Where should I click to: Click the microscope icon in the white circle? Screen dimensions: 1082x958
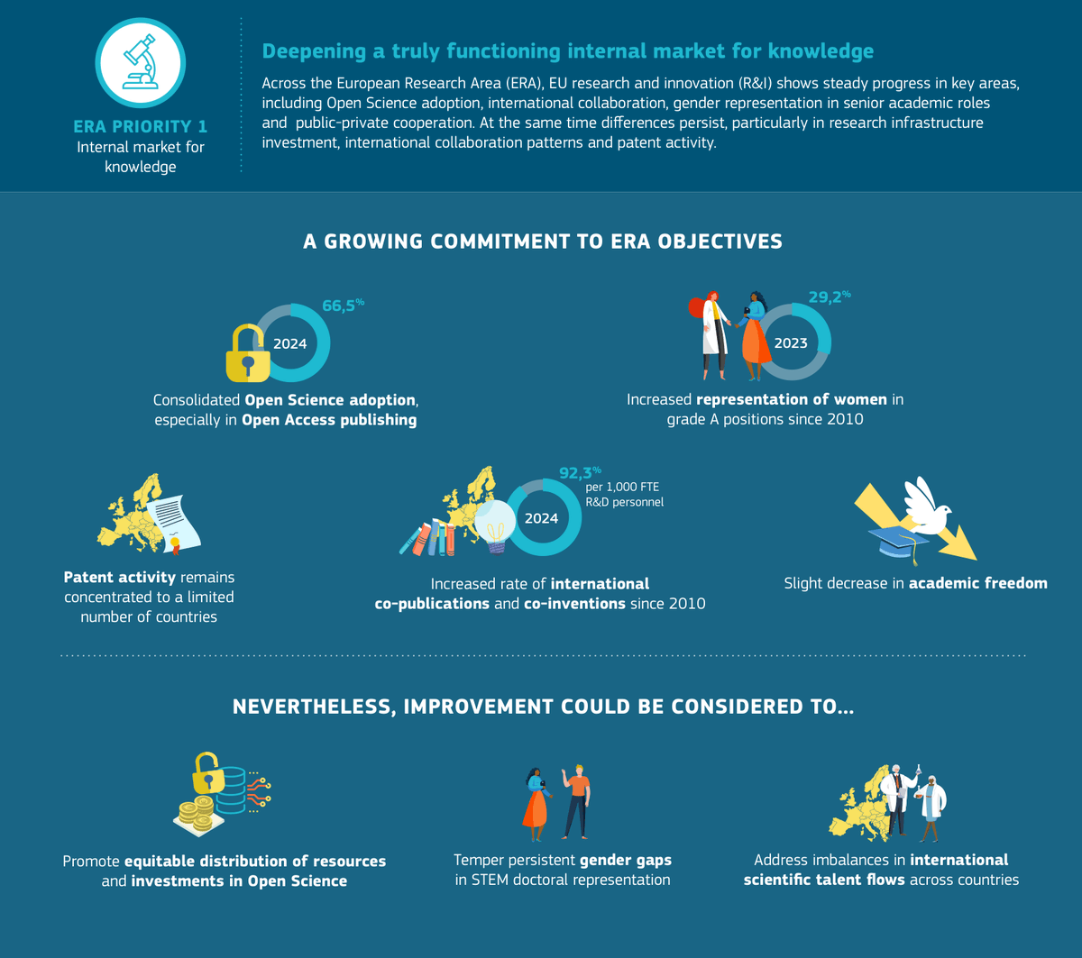click(141, 62)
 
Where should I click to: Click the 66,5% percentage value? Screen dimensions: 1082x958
click(343, 306)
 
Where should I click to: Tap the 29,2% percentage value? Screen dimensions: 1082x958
click(830, 297)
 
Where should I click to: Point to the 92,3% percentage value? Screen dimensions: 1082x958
click(580, 472)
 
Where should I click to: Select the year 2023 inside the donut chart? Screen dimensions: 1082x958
click(791, 343)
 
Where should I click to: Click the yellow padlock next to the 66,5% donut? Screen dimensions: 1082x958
click(248, 353)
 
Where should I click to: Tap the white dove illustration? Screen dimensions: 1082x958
click(927, 506)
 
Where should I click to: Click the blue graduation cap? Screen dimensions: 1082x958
click(899, 543)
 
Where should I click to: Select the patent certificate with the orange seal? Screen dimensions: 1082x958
click(173, 525)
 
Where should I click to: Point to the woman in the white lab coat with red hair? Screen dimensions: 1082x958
click(711, 335)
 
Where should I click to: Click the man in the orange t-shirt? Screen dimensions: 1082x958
click(576, 801)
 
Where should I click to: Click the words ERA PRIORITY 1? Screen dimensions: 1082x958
click(140, 126)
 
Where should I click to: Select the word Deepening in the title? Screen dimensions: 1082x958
click(314, 51)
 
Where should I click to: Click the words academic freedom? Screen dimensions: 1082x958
click(978, 583)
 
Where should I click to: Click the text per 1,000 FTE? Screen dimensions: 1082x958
click(622, 487)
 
